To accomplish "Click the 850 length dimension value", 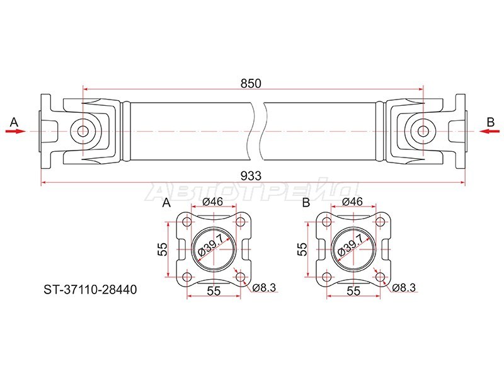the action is point(251,84).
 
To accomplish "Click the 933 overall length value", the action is point(251,176).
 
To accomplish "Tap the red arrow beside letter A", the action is point(15,131).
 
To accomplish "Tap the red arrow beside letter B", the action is point(490,131).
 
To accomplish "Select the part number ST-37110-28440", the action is point(90,290).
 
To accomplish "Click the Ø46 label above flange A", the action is point(213,202).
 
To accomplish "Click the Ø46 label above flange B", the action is point(352,202).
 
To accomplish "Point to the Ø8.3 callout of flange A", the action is point(264,288).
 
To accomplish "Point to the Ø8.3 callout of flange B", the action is point(404,288).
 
